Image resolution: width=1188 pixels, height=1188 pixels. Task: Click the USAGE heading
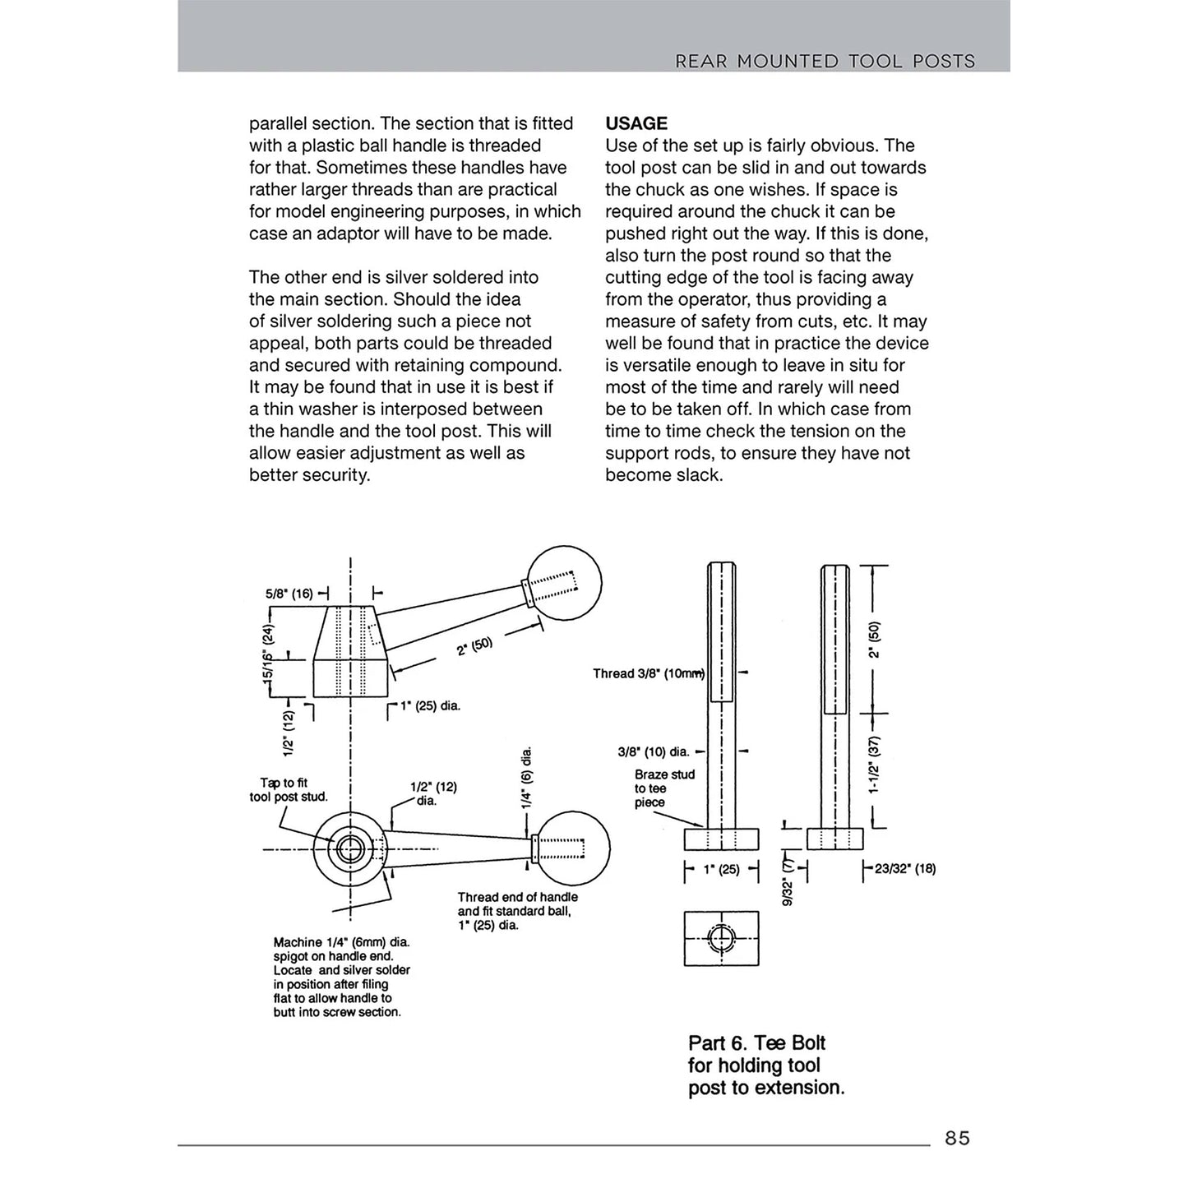[x=636, y=123]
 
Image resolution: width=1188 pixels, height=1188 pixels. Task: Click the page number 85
[x=957, y=1138]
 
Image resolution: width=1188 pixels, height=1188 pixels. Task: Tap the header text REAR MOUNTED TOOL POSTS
[x=825, y=61]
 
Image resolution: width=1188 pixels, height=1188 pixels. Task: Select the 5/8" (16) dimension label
[x=289, y=593]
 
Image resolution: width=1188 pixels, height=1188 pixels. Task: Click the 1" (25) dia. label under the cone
[x=430, y=705]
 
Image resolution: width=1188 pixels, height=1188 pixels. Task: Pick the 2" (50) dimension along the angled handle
[x=474, y=646]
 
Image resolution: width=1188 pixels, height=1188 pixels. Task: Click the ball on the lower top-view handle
[x=572, y=848]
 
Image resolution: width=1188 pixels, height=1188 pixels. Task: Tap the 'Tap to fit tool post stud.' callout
[x=289, y=790]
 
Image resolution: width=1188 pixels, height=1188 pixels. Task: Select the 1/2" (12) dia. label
[x=433, y=793]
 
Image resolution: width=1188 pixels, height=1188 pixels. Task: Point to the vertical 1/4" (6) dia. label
[x=527, y=777]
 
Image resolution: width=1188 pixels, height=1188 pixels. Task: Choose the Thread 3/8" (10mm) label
[x=648, y=673]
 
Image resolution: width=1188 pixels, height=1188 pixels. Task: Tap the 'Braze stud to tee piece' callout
[x=664, y=788]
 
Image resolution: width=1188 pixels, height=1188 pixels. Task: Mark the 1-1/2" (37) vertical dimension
[x=874, y=765]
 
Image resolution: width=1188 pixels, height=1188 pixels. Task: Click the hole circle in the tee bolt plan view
[x=721, y=938]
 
